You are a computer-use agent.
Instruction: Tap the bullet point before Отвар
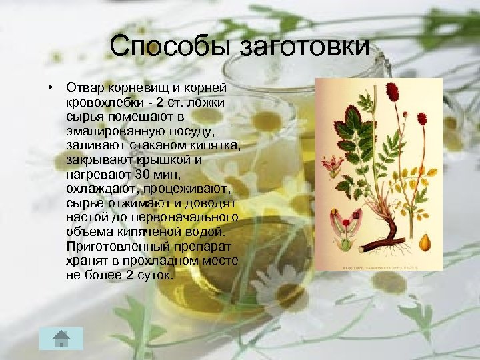(50, 88)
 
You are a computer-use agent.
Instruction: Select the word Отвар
(85, 88)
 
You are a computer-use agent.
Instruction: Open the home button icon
(61, 338)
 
